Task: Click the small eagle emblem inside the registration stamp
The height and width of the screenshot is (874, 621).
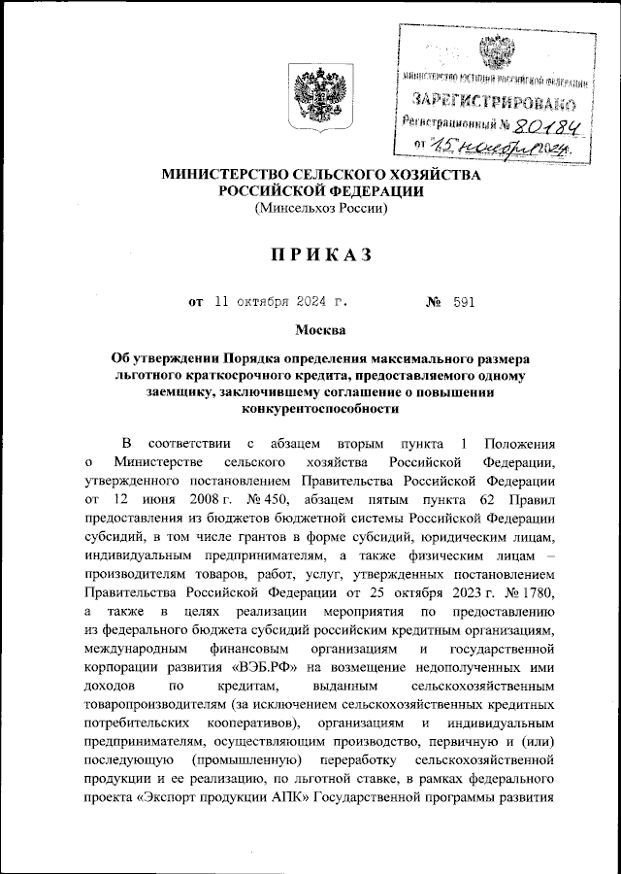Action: point(499,50)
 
